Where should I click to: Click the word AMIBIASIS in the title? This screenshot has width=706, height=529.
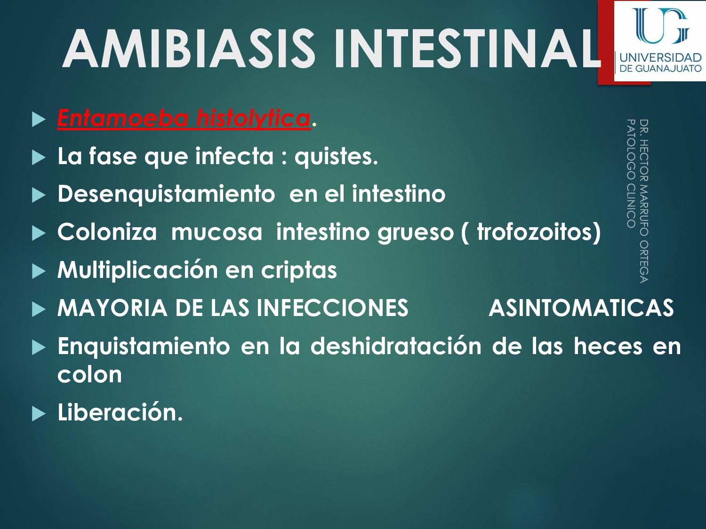[x=189, y=49]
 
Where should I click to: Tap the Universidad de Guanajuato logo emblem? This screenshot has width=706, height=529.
[x=660, y=26]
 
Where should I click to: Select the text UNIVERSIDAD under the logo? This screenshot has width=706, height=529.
[x=660, y=58]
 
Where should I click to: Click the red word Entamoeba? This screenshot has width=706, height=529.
[x=124, y=118]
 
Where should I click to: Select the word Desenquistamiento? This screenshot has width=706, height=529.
[x=166, y=194]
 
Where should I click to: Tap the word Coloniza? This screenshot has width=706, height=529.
[x=107, y=232]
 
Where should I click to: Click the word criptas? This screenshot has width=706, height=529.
[x=299, y=270]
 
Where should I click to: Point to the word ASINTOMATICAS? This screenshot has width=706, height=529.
[x=581, y=308]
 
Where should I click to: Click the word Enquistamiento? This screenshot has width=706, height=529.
[x=144, y=347]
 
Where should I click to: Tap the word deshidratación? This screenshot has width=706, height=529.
[x=395, y=347]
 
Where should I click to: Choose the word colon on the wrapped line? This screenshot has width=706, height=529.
[x=89, y=375]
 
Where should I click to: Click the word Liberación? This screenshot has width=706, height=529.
[x=120, y=412]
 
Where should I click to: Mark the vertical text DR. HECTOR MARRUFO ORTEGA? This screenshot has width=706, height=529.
[x=644, y=201]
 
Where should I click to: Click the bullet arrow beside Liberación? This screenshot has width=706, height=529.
[x=39, y=414]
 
